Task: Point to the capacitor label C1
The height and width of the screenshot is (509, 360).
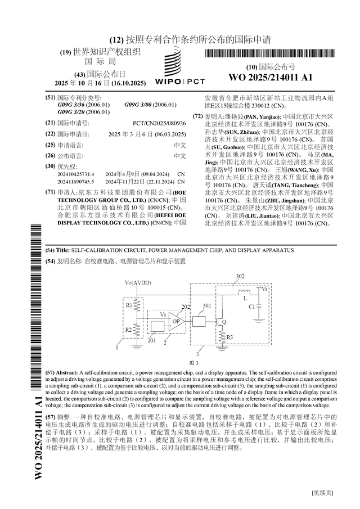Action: coord(251,307)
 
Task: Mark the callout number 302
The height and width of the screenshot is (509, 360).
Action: coord(240,277)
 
